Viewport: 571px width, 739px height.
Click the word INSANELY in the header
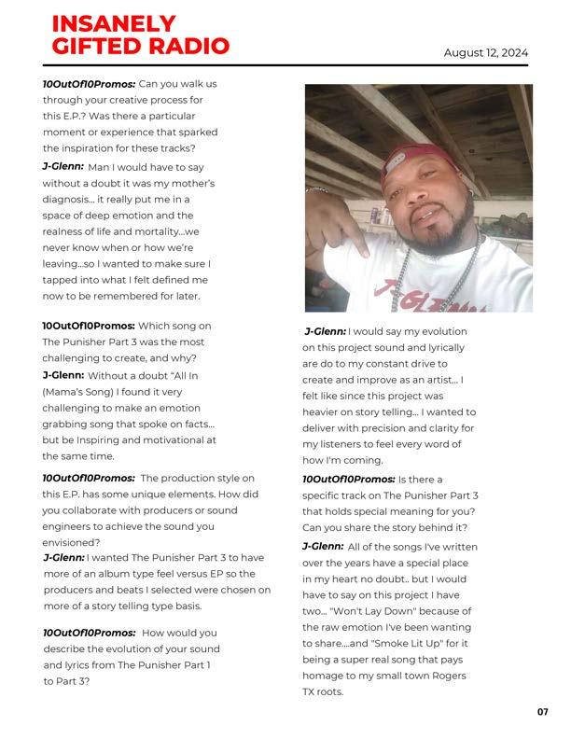coord(113,23)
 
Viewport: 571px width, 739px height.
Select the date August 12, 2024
coord(485,52)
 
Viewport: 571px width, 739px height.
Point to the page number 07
coord(543,712)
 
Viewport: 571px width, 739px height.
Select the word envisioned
coord(71,542)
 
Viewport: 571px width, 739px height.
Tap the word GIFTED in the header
coord(86,45)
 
